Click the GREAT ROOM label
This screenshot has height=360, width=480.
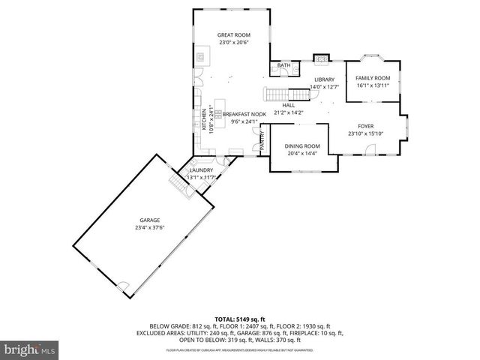[233, 35]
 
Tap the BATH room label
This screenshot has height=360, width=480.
[283, 66]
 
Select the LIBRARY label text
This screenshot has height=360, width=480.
[324, 79]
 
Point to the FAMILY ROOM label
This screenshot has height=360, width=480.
[373, 78]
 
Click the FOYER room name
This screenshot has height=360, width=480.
[365, 127]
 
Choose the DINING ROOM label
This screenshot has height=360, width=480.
[302, 146]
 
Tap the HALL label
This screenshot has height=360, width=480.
[288, 105]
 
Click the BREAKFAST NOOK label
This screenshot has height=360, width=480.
[244, 114]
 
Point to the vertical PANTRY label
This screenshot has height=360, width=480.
[262, 142]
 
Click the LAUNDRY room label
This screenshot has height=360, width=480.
[201, 170]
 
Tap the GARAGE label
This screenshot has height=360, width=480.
[149, 220]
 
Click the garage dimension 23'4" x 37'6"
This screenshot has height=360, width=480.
[149, 227]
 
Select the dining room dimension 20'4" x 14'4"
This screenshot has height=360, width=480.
[302, 154]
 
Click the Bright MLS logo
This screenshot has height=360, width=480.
[29, 349]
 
